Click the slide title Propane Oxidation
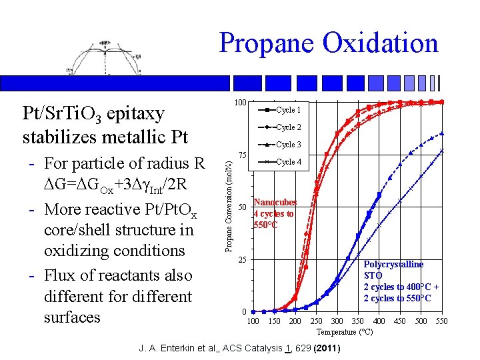pyautogui.click(x=328, y=43)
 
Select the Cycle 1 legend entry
pyautogui.click(x=288, y=110)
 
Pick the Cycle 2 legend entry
pyautogui.click(x=288, y=127)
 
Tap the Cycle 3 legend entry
pyautogui.click(x=288, y=145)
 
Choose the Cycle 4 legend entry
pyautogui.click(x=288, y=162)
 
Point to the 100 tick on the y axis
pyautogui.click(x=241, y=103)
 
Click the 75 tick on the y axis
pyautogui.click(x=243, y=155)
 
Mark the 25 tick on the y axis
pyautogui.click(x=243, y=259)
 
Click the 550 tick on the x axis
pyautogui.click(x=441, y=321)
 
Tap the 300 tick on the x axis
pyautogui.click(x=337, y=321)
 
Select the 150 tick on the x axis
pyautogui.click(x=274, y=321)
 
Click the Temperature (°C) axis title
pyautogui.click(x=345, y=332)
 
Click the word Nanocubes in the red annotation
pyautogui.click(x=275, y=203)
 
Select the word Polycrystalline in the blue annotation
pyautogui.click(x=393, y=265)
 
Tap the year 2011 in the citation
pyautogui.click(x=327, y=349)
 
